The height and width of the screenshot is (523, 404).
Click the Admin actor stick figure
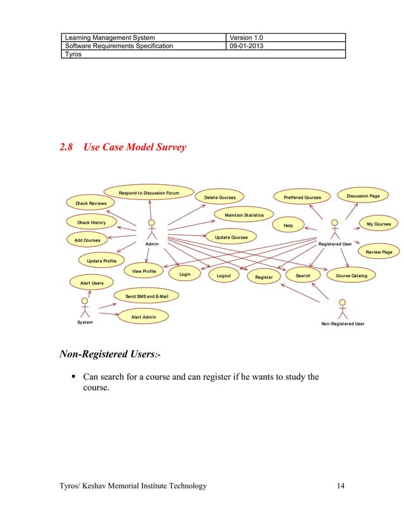coord(151,229)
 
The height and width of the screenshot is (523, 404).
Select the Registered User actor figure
coord(335,229)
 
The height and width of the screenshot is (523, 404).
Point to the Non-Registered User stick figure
coord(343,309)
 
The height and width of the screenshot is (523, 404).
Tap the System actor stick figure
coord(85,307)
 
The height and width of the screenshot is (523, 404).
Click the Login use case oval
coord(185,275)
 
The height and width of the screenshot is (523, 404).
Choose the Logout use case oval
coord(224,276)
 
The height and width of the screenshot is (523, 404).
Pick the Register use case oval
coord(263,277)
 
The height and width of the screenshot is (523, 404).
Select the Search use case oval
coord(303,275)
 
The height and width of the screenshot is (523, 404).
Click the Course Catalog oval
coord(351,275)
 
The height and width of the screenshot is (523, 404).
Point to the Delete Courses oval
coord(220,198)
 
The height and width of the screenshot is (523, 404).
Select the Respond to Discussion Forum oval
coord(149,192)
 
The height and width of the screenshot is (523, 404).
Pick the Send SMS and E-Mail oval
coord(146,296)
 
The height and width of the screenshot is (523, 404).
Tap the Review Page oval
coord(379,252)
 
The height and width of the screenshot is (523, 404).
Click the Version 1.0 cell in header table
coord(246,37)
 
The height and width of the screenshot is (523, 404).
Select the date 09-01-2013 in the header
coord(248,46)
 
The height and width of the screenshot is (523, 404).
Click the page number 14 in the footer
coord(341,486)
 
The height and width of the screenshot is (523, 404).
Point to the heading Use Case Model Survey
coord(134,148)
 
